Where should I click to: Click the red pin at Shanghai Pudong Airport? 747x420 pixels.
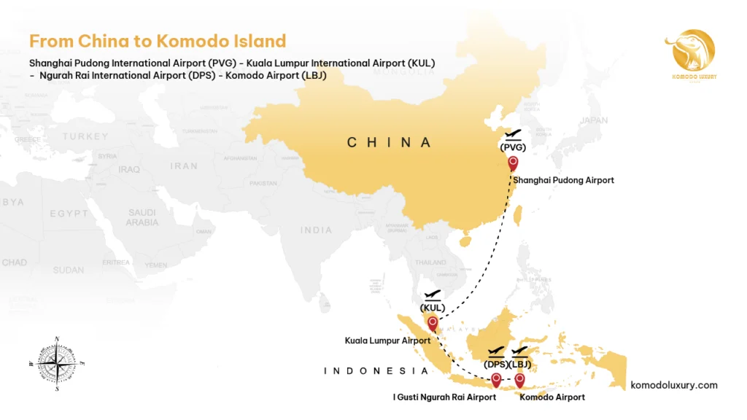(513, 163)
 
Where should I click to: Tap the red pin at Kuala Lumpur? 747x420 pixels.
(433, 322)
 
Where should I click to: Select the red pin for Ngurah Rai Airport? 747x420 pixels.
(496, 379)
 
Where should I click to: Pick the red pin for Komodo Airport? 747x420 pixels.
(519, 379)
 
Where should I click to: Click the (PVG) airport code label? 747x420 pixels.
(512, 147)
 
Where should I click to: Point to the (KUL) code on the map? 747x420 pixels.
(433, 307)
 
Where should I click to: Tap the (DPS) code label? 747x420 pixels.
(496, 364)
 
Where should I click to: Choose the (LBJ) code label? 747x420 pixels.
(520, 364)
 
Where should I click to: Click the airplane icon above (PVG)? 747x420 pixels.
(513, 134)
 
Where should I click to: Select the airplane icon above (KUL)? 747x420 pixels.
(433, 294)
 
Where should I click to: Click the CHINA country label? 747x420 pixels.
(390, 143)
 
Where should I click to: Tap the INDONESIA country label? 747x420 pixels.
(376, 371)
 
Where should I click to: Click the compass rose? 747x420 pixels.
(57, 362)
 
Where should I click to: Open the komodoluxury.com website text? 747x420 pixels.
(673, 385)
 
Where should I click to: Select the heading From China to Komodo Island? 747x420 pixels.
(157, 41)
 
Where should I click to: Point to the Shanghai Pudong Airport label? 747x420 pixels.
(563, 180)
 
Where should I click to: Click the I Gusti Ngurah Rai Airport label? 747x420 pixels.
(444, 397)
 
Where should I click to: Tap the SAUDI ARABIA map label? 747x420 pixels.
(142, 217)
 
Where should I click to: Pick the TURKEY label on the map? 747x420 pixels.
(85, 137)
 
